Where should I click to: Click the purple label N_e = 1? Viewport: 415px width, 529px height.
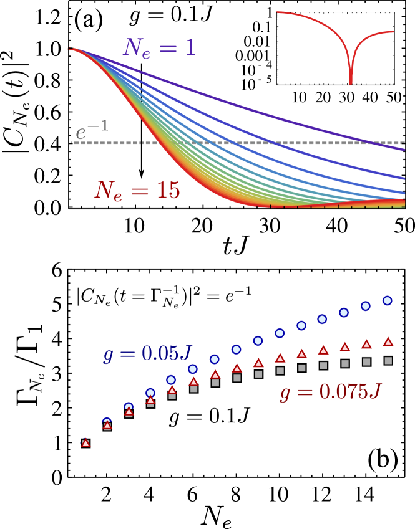159,48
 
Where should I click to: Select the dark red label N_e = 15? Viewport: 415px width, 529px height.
137,190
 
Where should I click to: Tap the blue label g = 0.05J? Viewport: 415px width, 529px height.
147,353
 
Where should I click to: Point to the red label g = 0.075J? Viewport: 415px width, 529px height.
330,391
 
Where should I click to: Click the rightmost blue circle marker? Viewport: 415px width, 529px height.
387,300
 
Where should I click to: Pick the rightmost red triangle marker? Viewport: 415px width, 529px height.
388,341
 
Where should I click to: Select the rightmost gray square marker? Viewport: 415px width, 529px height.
388,360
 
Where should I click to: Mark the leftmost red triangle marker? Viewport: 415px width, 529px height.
85,443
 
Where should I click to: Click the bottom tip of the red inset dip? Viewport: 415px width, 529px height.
351,82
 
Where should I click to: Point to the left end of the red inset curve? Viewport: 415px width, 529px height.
278,12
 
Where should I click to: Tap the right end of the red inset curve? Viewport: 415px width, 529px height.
394,32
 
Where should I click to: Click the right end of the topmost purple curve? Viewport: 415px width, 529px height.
404,150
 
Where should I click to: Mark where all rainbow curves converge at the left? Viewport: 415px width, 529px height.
70,49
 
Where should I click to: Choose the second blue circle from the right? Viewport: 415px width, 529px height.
366,306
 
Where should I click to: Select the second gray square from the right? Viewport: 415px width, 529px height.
366,362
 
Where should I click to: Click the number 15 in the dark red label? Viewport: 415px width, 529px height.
167,190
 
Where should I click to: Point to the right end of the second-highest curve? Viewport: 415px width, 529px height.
404,177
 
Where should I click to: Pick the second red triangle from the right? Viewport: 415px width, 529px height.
366,344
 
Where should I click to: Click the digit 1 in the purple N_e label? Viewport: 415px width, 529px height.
190,48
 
